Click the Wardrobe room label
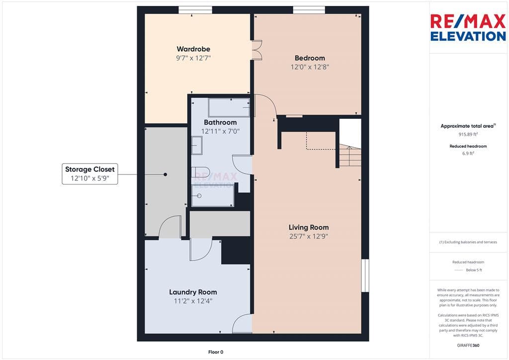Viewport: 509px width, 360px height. pyautogui.click(x=193, y=49)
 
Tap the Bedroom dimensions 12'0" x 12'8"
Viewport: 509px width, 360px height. pyautogui.click(x=310, y=67)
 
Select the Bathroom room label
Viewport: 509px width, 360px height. pyautogui.click(x=220, y=122)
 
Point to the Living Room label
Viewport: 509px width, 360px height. pyautogui.click(x=309, y=227)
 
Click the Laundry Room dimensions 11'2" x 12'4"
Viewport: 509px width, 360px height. pyautogui.click(x=193, y=301)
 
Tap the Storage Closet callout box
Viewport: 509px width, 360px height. pyautogui.click(x=90, y=174)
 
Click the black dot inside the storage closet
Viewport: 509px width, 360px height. pyautogui.click(x=165, y=175)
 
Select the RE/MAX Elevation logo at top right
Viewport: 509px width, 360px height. pyautogui.click(x=468, y=27)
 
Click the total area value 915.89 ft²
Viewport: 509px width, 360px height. pyautogui.click(x=468, y=134)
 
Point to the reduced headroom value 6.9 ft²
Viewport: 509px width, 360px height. pyautogui.click(x=468, y=153)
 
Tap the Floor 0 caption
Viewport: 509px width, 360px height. pyautogui.click(x=216, y=352)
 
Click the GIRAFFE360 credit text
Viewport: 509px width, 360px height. pyautogui.click(x=468, y=346)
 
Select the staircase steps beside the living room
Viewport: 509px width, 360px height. pyautogui.click(x=350, y=156)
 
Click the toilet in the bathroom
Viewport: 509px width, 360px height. pyautogui.click(x=201, y=172)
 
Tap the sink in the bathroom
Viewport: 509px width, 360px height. pyautogui.click(x=197, y=145)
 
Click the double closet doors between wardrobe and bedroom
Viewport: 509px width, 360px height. pyautogui.click(x=257, y=50)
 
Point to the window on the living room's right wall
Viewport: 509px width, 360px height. pyautogui.click(x=365, y=275)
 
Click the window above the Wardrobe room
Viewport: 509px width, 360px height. pyautogui.click(x=195, y=10)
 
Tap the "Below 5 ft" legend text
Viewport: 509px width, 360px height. pyautogui.click(x=474, y=270)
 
